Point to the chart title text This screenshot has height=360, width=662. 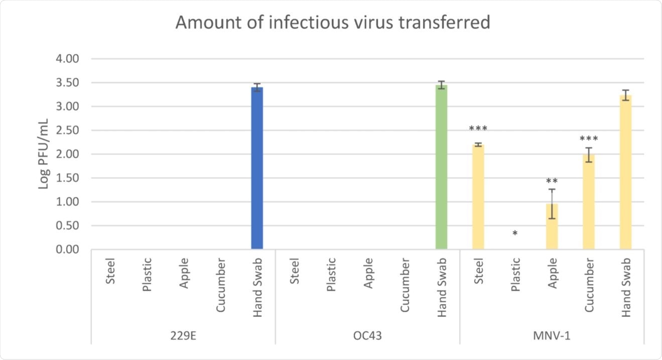pos(332,23)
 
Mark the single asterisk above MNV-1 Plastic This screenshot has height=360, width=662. pos(515,234)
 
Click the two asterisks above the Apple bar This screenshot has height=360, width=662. pos(552,181)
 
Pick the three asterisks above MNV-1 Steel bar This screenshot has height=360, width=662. pos(478,129)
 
